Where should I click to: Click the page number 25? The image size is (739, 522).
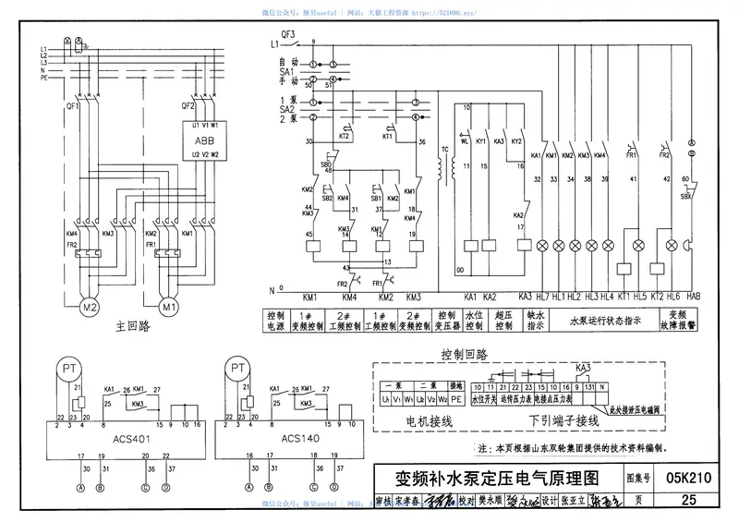[x=687, y=501]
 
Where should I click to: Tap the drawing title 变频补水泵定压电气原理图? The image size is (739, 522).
[x=498, y=479]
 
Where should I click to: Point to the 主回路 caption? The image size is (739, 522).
[x=134, y=326]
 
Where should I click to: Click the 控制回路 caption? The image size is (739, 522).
[x=465, y=354]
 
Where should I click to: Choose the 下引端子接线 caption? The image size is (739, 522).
[x=564, y=420]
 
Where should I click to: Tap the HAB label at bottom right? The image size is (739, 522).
[x=695, y=297]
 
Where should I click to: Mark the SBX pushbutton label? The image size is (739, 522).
[x=685, y=197]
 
